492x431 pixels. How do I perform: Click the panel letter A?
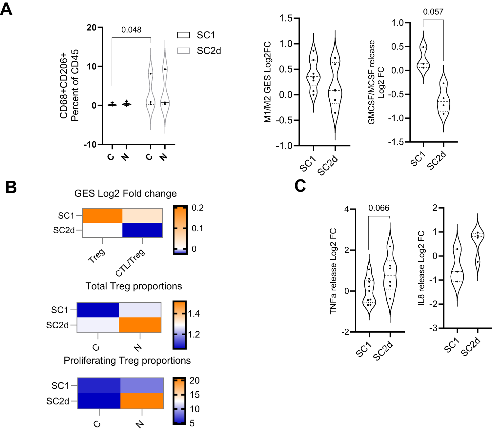pos(6,9)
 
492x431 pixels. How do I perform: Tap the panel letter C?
pos(300,186)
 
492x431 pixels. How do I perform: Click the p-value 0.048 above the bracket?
pos(131,30)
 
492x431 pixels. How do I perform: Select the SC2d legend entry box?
pos(183,51)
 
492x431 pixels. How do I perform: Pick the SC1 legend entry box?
pos(183,35)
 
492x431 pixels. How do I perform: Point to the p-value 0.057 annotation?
pos(433,12)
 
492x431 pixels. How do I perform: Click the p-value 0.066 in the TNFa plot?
pos(379,208)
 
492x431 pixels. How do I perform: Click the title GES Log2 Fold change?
pos(125,194)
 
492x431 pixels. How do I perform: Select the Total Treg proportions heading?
pos(133,286)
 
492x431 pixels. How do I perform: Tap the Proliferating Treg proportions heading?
pos(127,360)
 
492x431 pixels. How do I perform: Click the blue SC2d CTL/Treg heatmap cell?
pos(142,230)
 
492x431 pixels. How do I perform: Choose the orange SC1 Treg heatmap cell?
pos(102,215)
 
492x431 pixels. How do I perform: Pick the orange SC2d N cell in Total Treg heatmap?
pos(140,325)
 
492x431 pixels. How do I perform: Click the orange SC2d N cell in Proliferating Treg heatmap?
pos(142,401)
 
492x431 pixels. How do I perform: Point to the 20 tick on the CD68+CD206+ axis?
pos(92,28)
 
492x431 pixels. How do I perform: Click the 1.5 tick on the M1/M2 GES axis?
pos(286,18)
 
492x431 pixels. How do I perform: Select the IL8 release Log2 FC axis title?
pos(421,268)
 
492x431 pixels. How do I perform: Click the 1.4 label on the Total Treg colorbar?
pos(194,314)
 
